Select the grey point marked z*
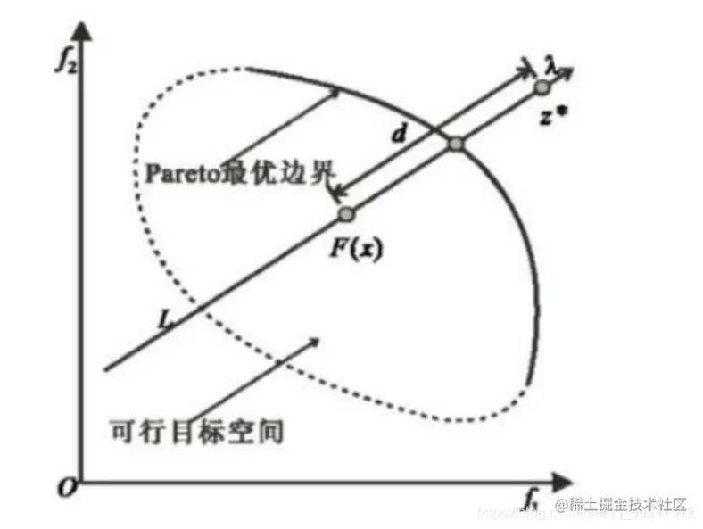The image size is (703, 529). (x=541, y=87)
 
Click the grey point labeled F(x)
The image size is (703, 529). (x=346, y=214)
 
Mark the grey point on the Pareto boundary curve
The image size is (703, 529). (x=456, y=144)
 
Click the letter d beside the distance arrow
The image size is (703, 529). (x=399, y=135)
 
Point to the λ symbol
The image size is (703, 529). (x=550, y=64)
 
